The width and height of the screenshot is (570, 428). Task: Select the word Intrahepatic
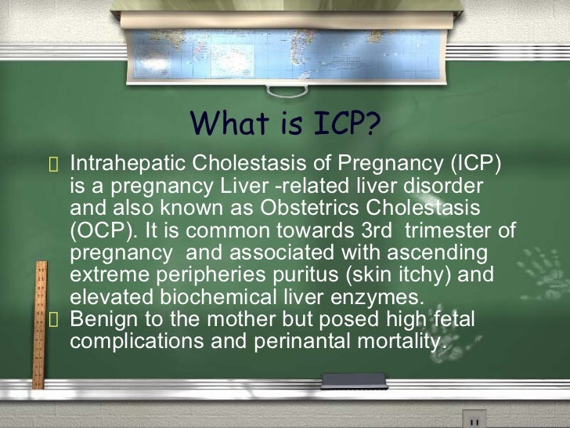tap(128, 165)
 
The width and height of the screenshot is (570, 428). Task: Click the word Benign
tap(103, 319)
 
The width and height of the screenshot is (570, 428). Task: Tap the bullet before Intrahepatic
tap(53, 166)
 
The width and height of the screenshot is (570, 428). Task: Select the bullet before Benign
tap(53, 320)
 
